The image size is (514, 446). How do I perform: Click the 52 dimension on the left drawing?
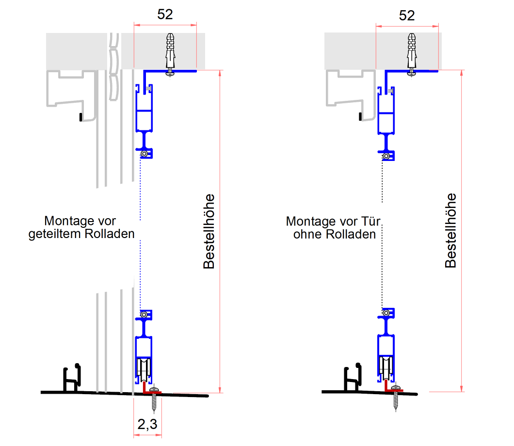(165, 15)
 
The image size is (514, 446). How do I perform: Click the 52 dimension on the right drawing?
(407, 15)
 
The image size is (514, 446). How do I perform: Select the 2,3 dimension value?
(147, 425)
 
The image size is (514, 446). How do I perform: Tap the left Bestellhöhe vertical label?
(209, 231)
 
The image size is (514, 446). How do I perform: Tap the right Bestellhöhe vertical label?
(451, 230)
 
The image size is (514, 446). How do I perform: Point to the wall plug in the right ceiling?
(412, 50)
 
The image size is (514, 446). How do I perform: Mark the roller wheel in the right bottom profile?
(386, 369)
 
